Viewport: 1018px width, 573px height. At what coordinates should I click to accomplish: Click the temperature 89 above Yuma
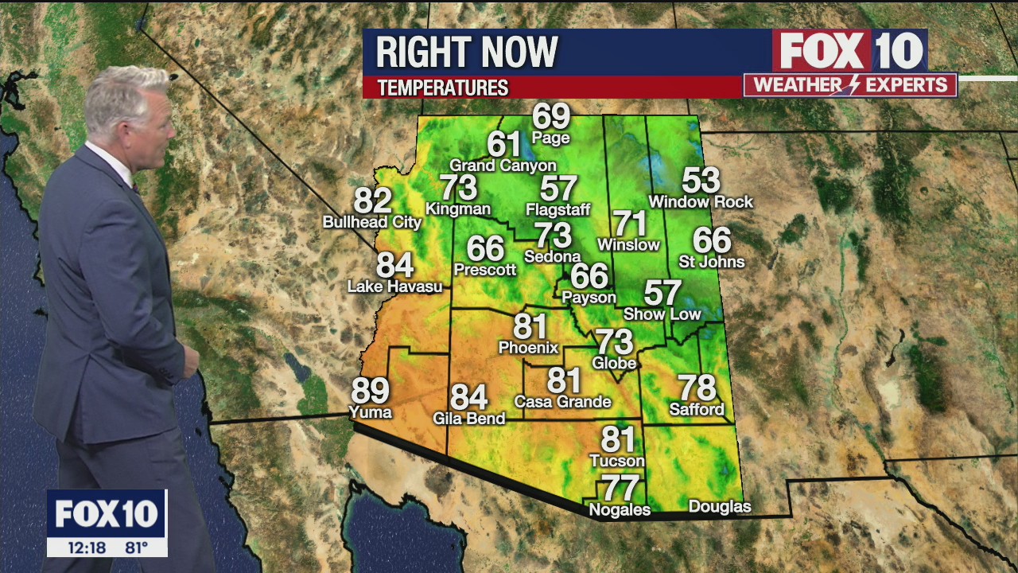click(370, 391)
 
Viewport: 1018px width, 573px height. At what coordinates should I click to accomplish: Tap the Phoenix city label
click(528, 348)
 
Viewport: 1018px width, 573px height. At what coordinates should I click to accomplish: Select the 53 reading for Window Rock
click(700, 181)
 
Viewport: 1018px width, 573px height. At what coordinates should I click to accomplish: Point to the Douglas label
click(719, 507)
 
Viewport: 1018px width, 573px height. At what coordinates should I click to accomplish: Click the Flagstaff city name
click(558, 210)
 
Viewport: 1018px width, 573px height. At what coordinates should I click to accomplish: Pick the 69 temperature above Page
click(551, 116)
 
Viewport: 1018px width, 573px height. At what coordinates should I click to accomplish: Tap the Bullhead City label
click(371, 222)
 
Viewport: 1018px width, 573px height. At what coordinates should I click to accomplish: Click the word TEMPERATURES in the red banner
click(442, 88)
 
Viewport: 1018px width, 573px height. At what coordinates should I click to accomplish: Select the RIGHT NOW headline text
click(466, 53)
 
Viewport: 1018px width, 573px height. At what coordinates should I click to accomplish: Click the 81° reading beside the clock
click(136, 548)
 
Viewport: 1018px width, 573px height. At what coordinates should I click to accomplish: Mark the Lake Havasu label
click(394, 286)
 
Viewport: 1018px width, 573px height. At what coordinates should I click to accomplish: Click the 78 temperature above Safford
click(697, 388)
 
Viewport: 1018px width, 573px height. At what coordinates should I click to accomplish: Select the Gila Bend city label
click(468, 418)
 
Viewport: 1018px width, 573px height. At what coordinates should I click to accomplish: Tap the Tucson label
click(616, 461)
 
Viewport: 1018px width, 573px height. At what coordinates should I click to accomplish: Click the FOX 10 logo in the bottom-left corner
click(107, 514)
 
